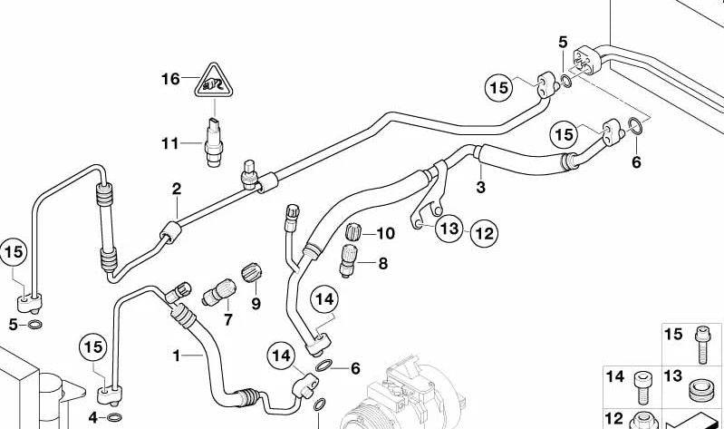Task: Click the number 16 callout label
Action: pyautogui.click(x=171, y=80)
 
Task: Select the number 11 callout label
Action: pyautogui.click(x=171, y=142)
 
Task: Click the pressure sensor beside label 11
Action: pyautogui.click(x=214, y=143)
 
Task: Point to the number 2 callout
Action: pyautogui.click(x=177, y=189)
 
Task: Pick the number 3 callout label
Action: pyautogui.click(x=481, y=188)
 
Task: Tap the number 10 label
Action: pyautogui.click(x=385, y=233)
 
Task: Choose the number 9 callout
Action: pyautogui.click(x=256, y=304)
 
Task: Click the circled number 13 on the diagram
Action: pyautogui.click(x=450, y=230)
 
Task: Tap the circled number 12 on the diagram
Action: pyautogui.click(x=484, y=233)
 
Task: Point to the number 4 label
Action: pyautogui.click(x=93, y=417)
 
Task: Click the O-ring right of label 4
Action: pyautogui.click(x=113, y=417)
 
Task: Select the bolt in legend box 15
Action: pyautogui.click(x=703, y=345)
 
